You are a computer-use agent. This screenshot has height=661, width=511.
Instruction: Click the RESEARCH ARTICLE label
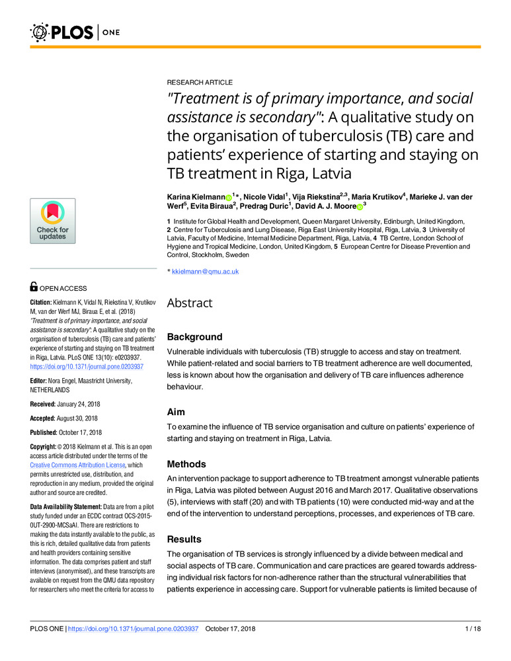(199, 83)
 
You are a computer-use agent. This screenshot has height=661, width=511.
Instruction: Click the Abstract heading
(189, 303)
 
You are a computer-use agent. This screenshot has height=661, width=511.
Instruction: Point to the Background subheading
(194, 336)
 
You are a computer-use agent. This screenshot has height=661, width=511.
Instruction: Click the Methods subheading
(188, 464)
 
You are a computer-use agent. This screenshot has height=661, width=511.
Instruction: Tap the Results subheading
(186, 539)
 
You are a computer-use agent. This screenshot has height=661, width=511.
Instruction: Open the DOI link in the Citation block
(87, 366)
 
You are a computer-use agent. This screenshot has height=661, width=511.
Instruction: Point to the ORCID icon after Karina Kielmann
(229, 198)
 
